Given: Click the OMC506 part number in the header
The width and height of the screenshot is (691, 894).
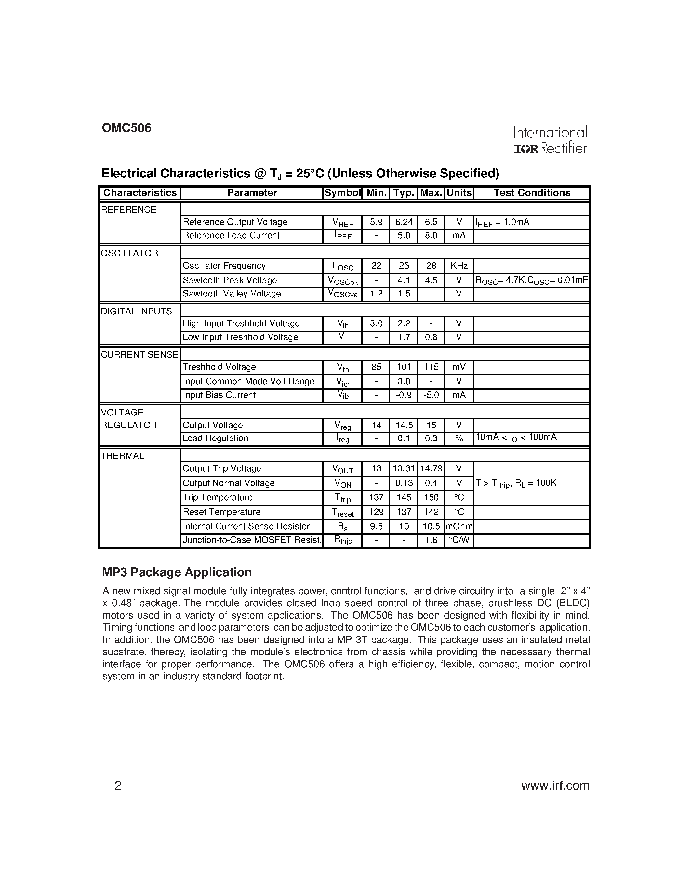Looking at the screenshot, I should pyautogui.click(x=126, y=128).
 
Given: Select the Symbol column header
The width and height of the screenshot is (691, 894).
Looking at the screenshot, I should pyautogui.click(x=342, y=193).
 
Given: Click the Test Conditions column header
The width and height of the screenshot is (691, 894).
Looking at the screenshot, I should pyautogui.click(x=531, y=193).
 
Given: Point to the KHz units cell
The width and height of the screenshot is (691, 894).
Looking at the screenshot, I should pyautogui.click(x=458, y=266).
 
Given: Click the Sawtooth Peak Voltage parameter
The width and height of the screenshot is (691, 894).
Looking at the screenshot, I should pyautogui.click(x=230, y=281).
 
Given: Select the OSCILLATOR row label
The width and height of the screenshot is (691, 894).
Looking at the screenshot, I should pyautogui.click(x=129, y=253).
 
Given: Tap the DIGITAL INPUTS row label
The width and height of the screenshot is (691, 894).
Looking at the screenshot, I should pyautogui.click(x=136, y=311).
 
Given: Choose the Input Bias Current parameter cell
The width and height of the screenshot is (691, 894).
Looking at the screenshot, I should pyautogui.click(x=219, y=395).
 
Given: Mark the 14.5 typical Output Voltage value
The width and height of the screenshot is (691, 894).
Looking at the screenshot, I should pyautogui.click(x=404, y=425).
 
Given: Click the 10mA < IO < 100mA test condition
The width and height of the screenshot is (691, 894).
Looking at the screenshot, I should pyautogui.click(x=515, y=438).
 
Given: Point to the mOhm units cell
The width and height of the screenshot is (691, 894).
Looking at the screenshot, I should pyautogui.click(x=458, y=526).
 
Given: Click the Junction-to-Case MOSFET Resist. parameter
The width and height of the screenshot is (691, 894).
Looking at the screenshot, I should pyautogui.click(x=252, y=540).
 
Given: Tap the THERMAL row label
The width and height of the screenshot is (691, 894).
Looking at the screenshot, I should pyautogui.click(x=122, y=456).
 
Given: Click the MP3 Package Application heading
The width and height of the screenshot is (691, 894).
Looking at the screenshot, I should pyautogui.click(x=177, y=572).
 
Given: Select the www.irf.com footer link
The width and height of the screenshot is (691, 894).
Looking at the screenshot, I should pyautogui.click(x=555, y=785).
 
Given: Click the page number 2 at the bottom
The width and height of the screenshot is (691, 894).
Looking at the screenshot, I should pyautogui.click(x=118, y=785).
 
